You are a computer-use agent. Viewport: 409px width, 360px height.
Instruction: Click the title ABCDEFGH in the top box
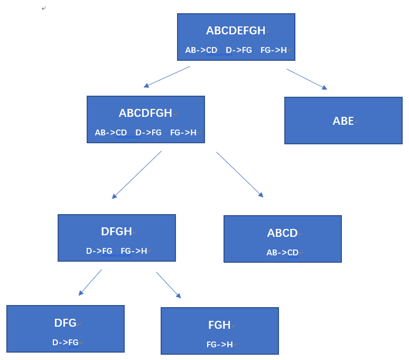tap(236, 31)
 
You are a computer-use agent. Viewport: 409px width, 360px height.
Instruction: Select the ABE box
tap(343, 121)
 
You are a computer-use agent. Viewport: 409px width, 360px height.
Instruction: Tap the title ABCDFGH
tap(145, 113)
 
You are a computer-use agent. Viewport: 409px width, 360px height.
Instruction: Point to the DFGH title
tap(116, 232)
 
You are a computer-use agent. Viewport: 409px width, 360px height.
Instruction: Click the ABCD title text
tap(282, 233)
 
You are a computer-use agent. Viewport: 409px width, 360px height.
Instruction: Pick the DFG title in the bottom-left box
tap(66, 323)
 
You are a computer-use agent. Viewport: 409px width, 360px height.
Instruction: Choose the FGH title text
tap(219, 325)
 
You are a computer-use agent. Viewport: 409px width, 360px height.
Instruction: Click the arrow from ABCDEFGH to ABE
tap(306, 79)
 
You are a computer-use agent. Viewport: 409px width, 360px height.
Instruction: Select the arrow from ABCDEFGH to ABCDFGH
tap(166, 77)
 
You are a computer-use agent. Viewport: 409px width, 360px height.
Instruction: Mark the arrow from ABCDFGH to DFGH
tap(137, 174)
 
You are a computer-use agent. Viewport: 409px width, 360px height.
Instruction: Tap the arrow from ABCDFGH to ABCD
tap(239, 174)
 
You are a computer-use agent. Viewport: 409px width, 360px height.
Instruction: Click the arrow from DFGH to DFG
tap(90, 282)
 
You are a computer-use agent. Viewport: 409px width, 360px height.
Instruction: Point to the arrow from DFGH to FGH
tap(168, 285)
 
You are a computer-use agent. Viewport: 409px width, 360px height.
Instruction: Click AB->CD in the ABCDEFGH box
tap(201, 50)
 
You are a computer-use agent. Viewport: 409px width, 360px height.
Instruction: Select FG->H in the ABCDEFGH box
tap(274, 50)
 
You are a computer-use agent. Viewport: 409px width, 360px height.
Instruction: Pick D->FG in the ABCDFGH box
tap(148, 133)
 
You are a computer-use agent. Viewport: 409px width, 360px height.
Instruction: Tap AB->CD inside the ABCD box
tap(283, 253)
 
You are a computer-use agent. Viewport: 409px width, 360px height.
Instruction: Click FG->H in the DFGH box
tap(134, 251)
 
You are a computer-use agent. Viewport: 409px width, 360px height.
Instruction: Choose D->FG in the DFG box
tap(66, 343)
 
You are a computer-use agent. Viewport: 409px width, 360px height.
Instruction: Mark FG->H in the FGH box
tap(220, 345)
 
